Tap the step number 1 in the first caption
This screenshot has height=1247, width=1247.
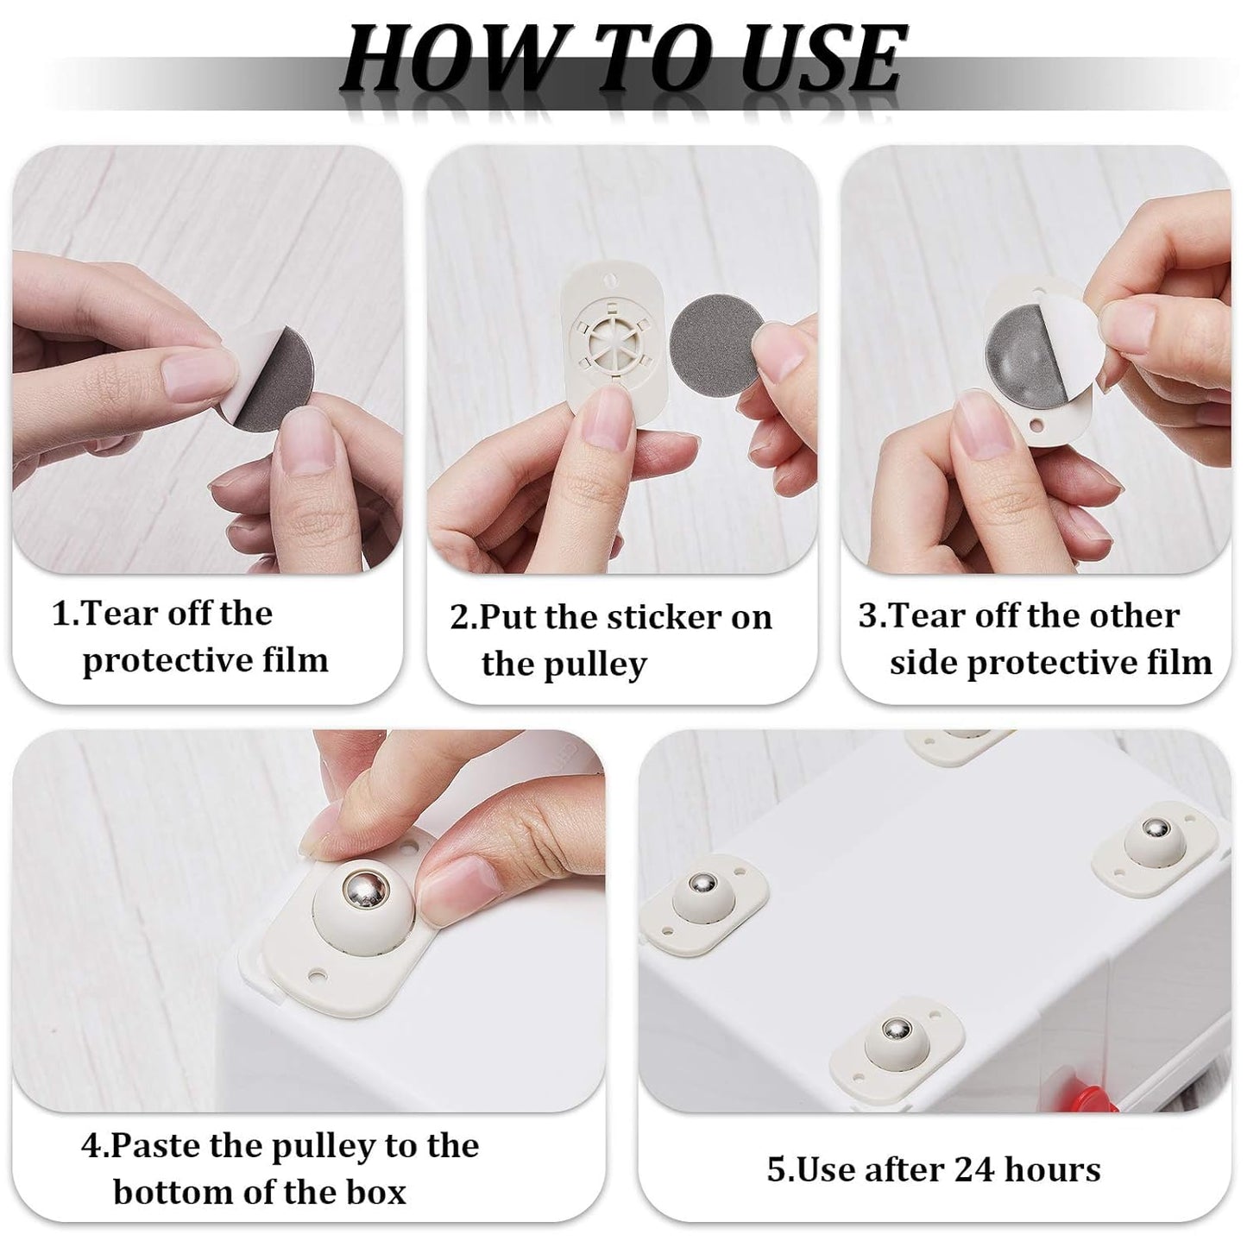[61, 614]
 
